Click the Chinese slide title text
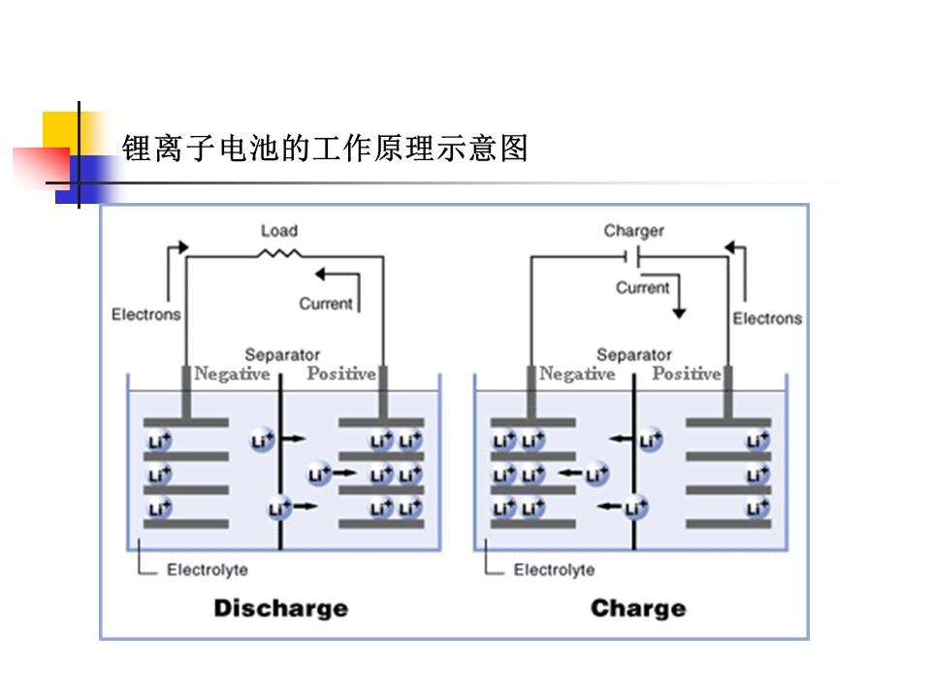(x=325, y=148)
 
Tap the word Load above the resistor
(x=279, y=231)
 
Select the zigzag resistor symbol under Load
(x=279, y=254)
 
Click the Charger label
(x=633, y=231)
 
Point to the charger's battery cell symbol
(x=631, y=257)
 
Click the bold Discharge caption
(x=281, y=608)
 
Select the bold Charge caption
(x=638, y=608)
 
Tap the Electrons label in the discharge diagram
(x=146, y=314)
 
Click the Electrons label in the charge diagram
(x=767, y=318)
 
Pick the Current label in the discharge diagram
(x=326, y=304)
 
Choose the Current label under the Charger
(x=642, y=287)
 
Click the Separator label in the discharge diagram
(x=282, y=355)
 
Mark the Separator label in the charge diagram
(x=634, y=355)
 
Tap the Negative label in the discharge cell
(x=232, y=374)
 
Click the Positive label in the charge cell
(x=687, y=373)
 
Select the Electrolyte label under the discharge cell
(x=208, y=570)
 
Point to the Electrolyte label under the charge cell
(x=554, y=570)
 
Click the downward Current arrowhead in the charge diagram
(x=679, y=314)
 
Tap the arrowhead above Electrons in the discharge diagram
(x=183, y=247)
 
